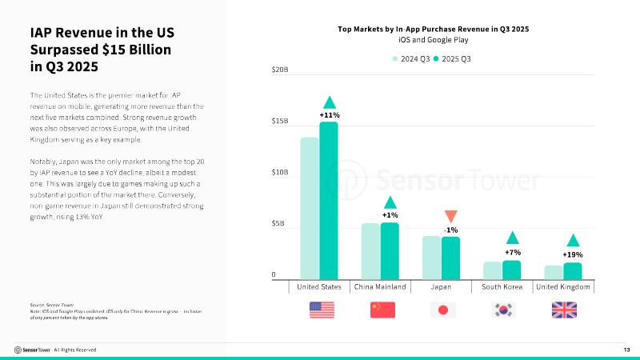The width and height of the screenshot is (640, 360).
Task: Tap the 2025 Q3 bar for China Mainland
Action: [x=390, y=250]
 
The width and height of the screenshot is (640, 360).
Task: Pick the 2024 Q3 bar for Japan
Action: [x=431, y=257]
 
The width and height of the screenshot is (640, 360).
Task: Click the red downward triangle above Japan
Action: [x=450, y=216]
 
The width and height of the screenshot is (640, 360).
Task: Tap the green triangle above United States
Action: [x=329, y=102]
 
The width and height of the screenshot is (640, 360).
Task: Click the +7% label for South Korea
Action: [x=512, y=252]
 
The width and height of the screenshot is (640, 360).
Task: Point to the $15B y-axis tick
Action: [x=279, y=122]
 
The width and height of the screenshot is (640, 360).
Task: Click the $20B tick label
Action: [x=279, y=70]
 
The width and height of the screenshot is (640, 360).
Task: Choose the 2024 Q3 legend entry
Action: [x=413, y=58]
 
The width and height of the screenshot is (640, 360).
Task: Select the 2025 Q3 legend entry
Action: [x=453, y=58]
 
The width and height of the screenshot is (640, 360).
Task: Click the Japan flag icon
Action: [x=442, y=310]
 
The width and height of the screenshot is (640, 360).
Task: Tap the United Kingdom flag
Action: [x=564, y=310]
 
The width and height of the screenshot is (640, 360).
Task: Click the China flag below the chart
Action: [x=382, y=310]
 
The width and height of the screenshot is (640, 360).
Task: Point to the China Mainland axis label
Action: [x=380, y=286]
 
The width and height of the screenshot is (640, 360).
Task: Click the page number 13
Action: [x=626, y=350]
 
